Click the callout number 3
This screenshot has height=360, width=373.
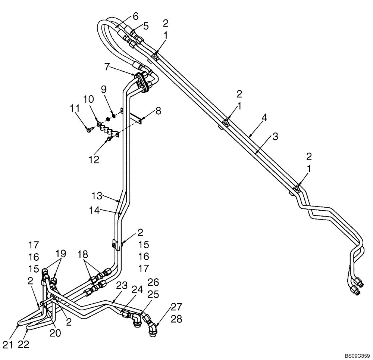[x=275, y=137]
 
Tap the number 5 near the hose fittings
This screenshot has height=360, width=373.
[x=145, y=26]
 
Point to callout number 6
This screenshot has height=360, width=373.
[x=135, y=16]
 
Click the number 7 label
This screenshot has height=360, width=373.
[x=107, y=67]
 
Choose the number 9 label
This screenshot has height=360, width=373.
[x=104, y=90]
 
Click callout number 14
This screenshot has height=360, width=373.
[x=95, y=211]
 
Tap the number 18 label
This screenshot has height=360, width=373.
[x=83, y=255]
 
